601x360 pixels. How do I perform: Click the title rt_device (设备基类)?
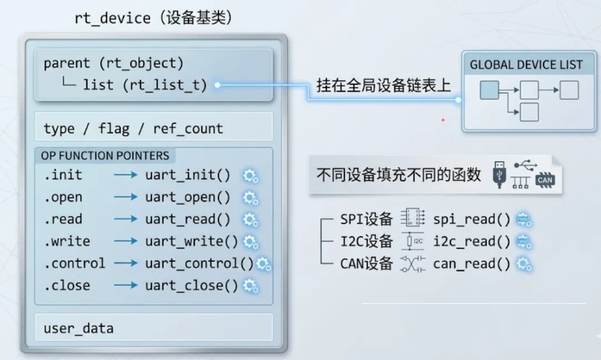[154, 18]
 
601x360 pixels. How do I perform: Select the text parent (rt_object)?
[114, 63]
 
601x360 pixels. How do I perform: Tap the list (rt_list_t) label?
[145, 85]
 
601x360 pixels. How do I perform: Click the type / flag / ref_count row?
[133, 129]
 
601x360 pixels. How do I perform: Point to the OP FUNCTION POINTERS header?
[105, 156]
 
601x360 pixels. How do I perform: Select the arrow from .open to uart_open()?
[126, 197]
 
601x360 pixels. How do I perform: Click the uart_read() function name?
[188, 219]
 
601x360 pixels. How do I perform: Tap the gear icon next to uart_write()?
[251, 242]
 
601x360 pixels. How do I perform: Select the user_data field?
[78, 328]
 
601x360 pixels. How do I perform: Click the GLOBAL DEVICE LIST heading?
[526, 65]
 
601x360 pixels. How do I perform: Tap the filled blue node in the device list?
[489, 90]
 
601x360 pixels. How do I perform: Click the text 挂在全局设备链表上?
[383, 85]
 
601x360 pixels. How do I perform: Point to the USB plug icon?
[497, 175]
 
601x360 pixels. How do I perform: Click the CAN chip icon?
[545, 179]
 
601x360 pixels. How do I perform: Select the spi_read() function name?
[471, 219]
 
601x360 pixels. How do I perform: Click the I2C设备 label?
[366, 241]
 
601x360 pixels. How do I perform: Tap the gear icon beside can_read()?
[524, 264]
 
